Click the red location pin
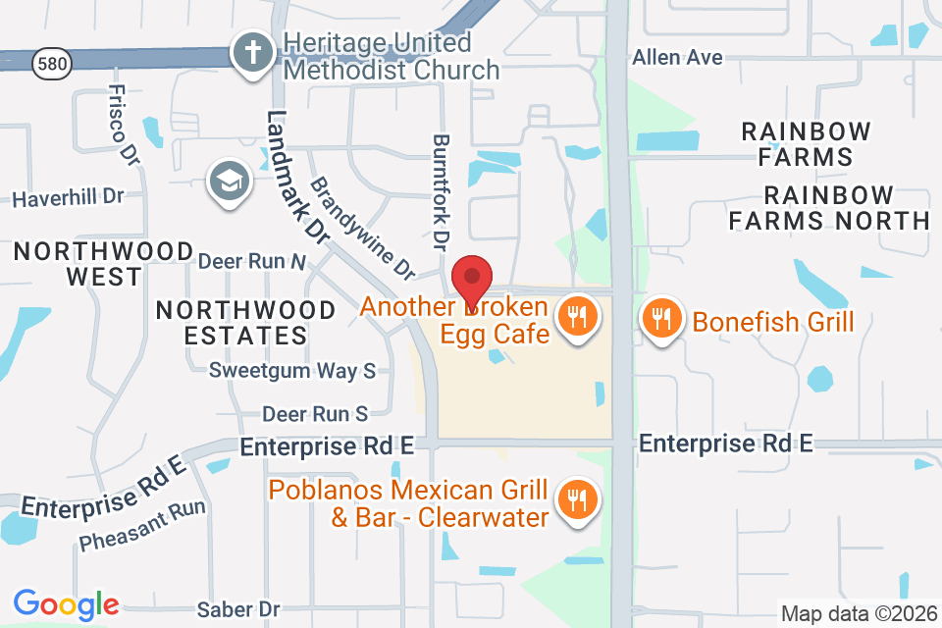pyautogui.click(x=472, y=279)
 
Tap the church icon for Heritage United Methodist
pyautogui.click(x=253, y=52)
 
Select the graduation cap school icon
pyautogui.click(x=230, y=182)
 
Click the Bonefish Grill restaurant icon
pyautogui.click(x=662, y=320)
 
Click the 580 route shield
pyautogui.click(x=49, y=65)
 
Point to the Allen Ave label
pyautogui.click(x=677, y=58)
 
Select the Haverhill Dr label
pyautogui.click(x=69, y=197)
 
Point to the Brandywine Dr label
pyautogui.click(x=361, y=227)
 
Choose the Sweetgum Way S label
pyautogui.click(x=292, y=371)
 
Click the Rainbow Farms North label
pyautogui.click(x=829, y=207)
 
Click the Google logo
pyautogui.click(x=66, y=604)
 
